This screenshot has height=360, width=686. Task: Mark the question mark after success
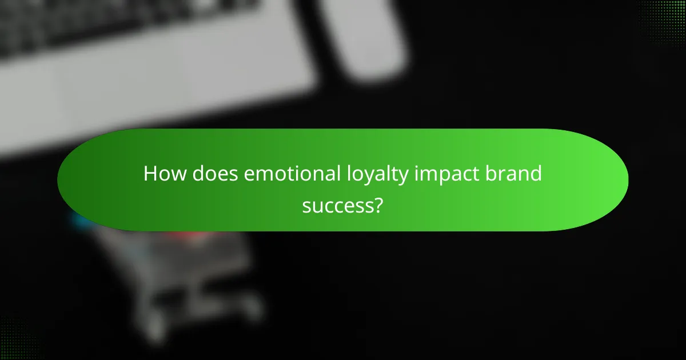click(378, 204)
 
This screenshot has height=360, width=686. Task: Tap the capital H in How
click(150, 174)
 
